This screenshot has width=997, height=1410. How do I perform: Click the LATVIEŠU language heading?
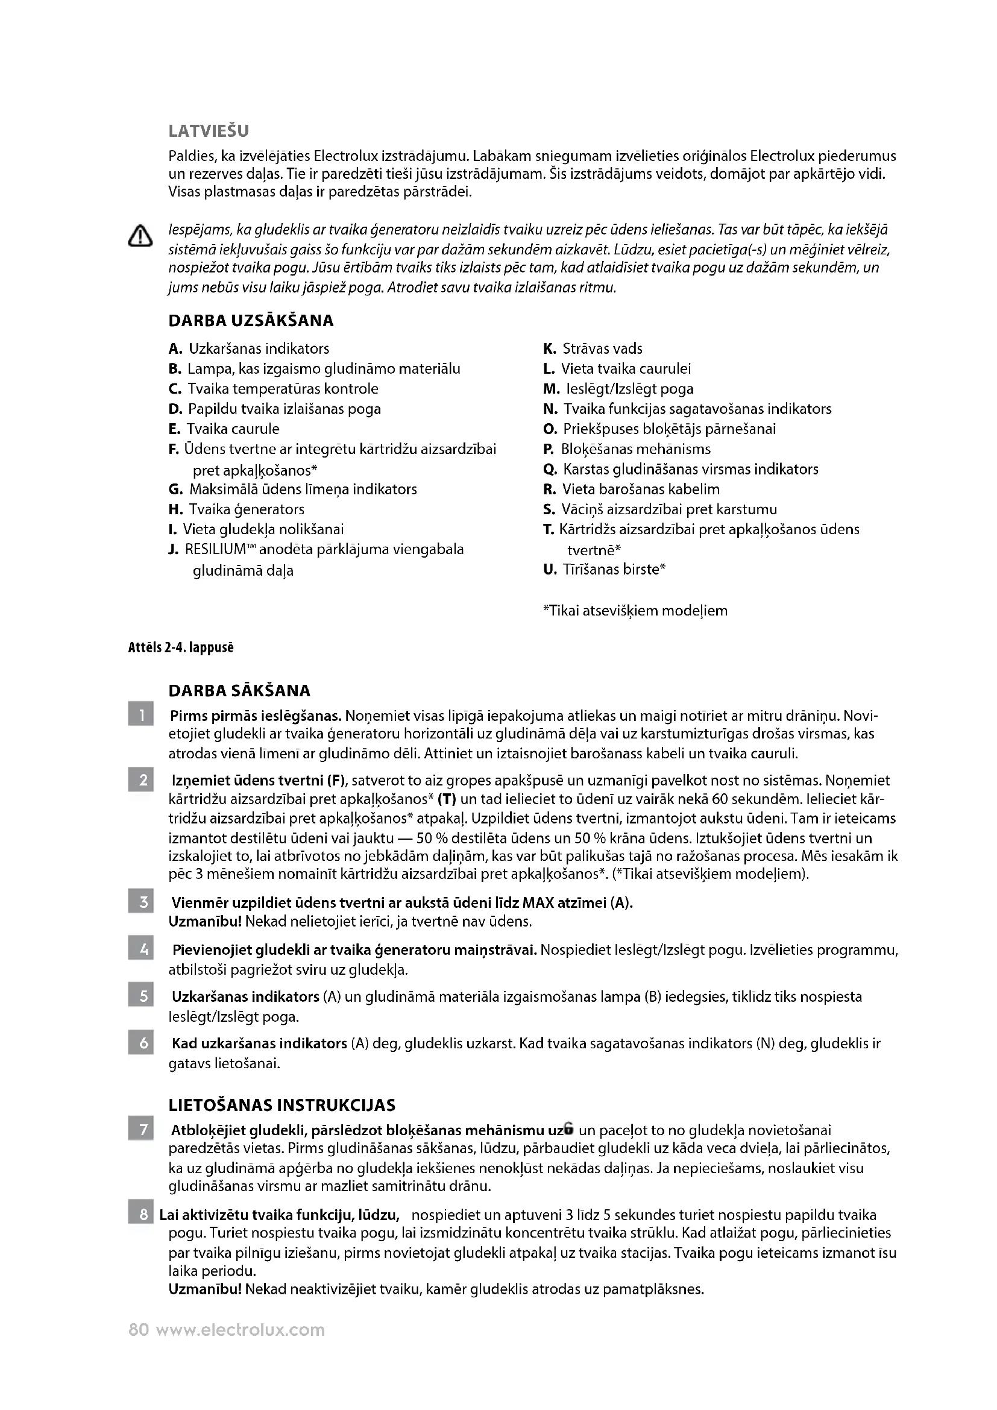(209, 131)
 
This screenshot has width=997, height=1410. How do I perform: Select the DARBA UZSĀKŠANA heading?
(251, 321)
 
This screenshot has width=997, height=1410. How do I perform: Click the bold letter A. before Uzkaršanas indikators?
(175, 350)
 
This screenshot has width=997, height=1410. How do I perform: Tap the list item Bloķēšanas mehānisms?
(635, 450)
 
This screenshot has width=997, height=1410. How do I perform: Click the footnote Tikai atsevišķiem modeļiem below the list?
(635, 611)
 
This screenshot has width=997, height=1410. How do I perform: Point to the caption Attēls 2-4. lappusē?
(181, 648)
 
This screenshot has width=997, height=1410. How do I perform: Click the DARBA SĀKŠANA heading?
(239, 691)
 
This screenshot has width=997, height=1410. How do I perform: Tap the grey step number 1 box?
(141, 716)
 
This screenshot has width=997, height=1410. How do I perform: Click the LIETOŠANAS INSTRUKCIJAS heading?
(282, 1106)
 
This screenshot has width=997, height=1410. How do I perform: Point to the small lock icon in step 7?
(569, 1128)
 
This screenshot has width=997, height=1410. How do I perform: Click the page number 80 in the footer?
(139, 1330)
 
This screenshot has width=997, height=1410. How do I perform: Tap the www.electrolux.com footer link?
(241, 1330)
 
